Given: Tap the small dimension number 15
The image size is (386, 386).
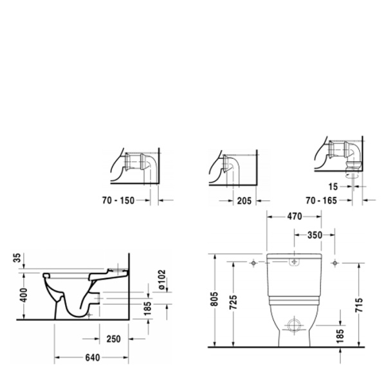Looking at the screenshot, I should click(332, 187).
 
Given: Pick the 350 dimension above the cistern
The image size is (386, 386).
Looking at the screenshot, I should click(314, 235).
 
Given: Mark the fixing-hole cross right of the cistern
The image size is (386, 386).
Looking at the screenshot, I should click(335, 264).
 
